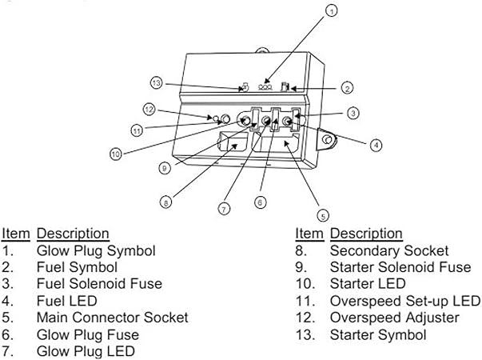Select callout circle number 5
pyautogui.click(x=322, y=215)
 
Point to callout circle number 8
pyautogui.click(x=165, y=203)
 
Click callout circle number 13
pyautogui.click(x=157, y=82)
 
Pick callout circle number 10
pyautogui.click(x=116, y=154)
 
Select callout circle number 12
pyautogui.click(x=148, y=109)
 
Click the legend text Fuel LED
pyautogui.click(x=66, y=301)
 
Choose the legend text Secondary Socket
pyautogui.click(x=389, y=250)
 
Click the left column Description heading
pyautogui.click(x=73, y=234)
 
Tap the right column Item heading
pyautogui.click(x=309, y=234)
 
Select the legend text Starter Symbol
pyautogui.click(x=378, y=334)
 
